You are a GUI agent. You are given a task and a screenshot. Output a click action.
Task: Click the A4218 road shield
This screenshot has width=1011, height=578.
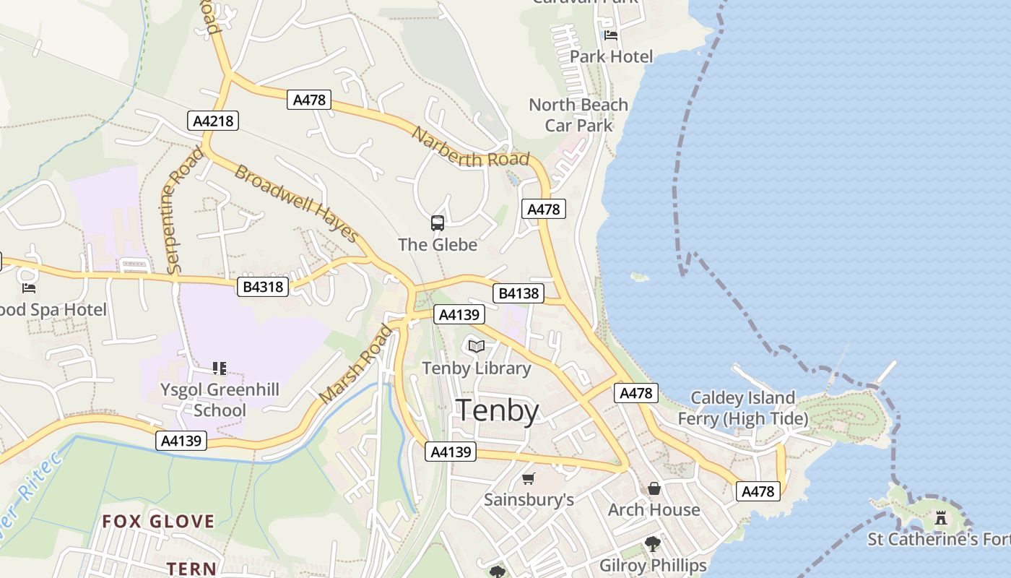214,121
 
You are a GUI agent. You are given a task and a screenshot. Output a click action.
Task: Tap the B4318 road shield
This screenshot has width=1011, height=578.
263,287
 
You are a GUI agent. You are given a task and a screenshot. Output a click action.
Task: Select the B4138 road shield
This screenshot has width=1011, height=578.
518,293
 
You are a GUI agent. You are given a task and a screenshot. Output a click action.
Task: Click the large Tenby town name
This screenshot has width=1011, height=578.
498,410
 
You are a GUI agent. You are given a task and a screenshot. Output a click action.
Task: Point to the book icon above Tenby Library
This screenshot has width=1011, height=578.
477,347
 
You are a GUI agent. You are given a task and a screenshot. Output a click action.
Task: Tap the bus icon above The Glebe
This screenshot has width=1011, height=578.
438,223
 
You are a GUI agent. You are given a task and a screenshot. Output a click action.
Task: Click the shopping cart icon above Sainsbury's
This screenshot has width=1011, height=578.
528,479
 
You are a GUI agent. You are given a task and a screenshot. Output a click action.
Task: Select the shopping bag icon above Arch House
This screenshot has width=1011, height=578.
654,489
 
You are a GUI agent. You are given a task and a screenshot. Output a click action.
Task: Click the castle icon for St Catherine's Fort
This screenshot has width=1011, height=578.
940,518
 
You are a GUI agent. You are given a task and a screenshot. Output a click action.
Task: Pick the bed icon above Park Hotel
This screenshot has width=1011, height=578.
611,35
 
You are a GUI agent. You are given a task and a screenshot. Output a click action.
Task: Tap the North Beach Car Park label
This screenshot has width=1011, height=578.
578,115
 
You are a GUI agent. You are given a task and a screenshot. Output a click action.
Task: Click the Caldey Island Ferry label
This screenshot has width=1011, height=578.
743,408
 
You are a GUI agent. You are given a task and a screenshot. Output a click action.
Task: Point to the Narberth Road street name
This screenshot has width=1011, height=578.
471,147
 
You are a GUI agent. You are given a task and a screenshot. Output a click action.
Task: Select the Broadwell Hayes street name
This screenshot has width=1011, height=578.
297,204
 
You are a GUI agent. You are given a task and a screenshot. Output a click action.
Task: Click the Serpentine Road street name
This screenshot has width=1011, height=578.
181,210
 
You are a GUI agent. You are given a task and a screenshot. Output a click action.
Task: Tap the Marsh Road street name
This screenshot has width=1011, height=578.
357,364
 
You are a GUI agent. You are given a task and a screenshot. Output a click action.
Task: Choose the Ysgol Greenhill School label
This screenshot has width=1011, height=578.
220,400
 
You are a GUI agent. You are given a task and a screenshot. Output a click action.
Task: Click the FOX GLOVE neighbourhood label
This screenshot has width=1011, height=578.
158,521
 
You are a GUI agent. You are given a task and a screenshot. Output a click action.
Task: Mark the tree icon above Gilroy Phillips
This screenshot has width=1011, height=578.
653,543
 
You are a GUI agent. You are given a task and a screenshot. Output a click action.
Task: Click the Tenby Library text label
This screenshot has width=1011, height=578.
477,368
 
